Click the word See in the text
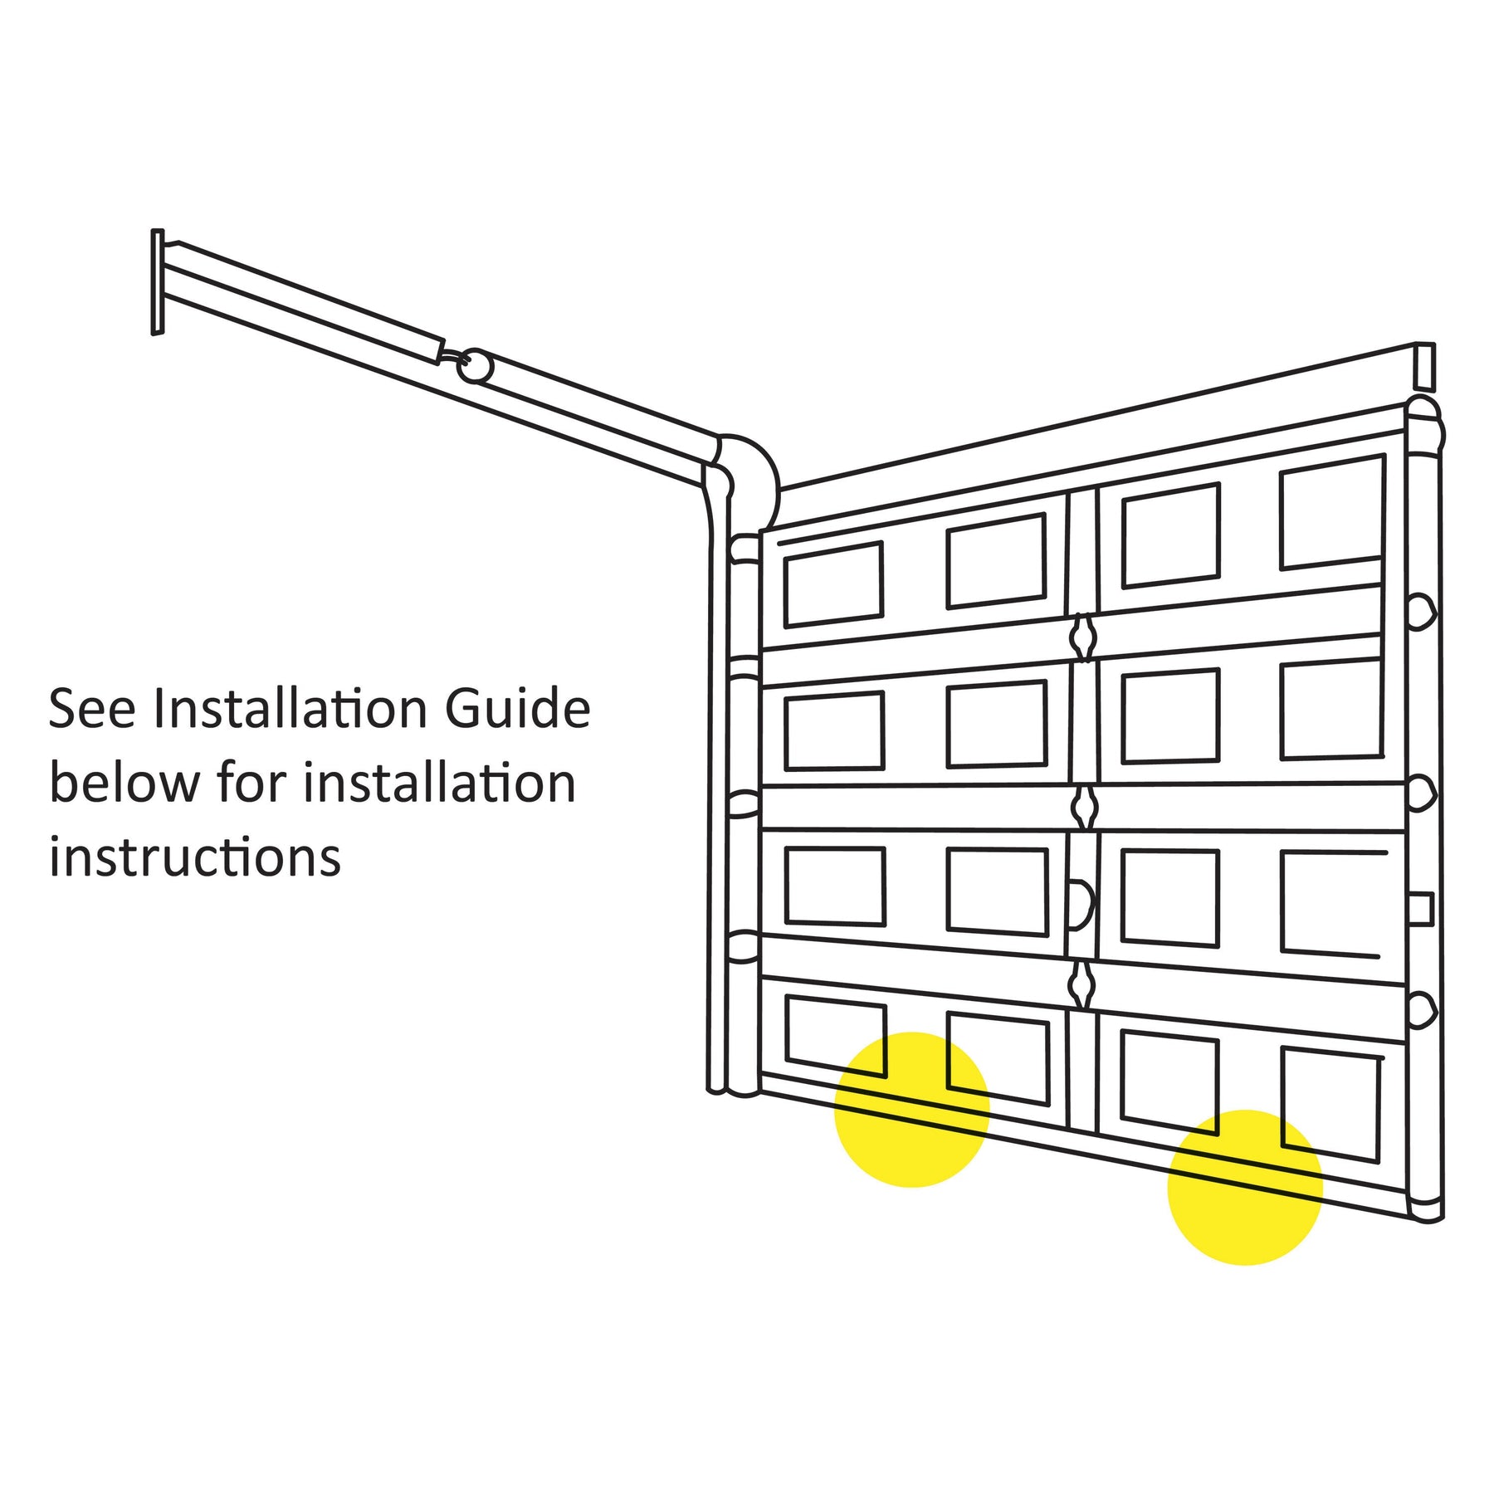pos(92,709)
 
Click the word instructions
pos(195,857)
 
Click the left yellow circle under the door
pos(911,1110)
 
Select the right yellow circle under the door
pos(1245,1188)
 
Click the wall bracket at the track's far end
pos(158,282)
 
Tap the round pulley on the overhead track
pos(475,366)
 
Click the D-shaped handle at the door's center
pos(1083,905)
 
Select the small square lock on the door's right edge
pos(1421,909)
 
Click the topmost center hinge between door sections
pos(1083,637)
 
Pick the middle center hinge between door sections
pos(1084,807)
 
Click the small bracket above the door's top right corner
pos(1424,367)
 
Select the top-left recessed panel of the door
pos(833,584)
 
